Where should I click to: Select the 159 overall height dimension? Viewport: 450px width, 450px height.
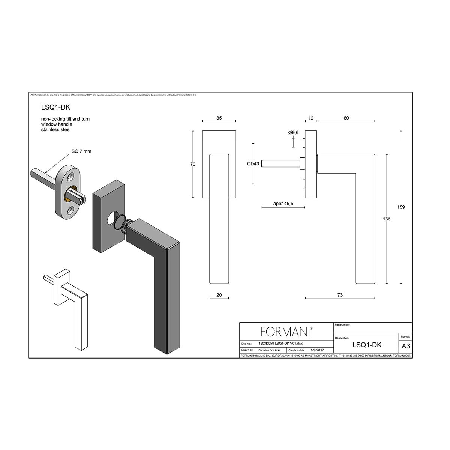click(401, 207)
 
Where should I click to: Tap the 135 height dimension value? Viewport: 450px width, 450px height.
click(387, 219)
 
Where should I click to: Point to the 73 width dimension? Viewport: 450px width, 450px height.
click(340, 295)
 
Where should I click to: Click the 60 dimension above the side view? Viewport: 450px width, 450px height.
click(346, 118)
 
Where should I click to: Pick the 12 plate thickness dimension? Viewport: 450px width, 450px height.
click(311, 118)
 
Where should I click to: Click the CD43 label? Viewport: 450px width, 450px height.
click(253, 164)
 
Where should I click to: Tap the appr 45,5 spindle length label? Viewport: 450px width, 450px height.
click(283, 204)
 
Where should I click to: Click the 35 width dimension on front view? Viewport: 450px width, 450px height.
click(219, 118)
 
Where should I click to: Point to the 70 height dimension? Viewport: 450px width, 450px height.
click(193, 164)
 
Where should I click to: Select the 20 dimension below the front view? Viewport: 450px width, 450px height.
click(219, 295)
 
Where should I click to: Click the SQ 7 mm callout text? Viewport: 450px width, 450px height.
click(81, 151)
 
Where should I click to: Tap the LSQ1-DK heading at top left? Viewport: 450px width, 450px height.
click(55, 107)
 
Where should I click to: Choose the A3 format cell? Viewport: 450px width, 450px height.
click(405, 346)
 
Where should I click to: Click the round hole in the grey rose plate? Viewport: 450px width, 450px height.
click(112, 219)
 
